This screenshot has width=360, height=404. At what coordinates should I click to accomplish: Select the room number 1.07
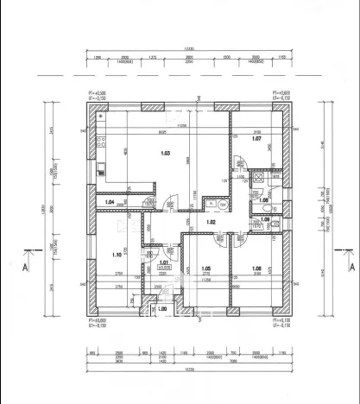click(x=256, y=138)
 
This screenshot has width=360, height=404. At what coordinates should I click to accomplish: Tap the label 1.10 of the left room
click(x=117, y=255)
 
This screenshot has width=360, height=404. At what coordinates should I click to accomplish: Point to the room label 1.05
click(x=205, y=268)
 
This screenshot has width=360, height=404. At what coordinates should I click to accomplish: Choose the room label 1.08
click(x=256, y=268)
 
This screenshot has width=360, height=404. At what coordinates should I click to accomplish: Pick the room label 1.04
click(x=110, y=202)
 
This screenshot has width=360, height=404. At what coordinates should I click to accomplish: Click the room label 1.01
click(x=162, y=262)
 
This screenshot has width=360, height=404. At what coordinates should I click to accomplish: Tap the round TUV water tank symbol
click(x=222, y=205)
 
